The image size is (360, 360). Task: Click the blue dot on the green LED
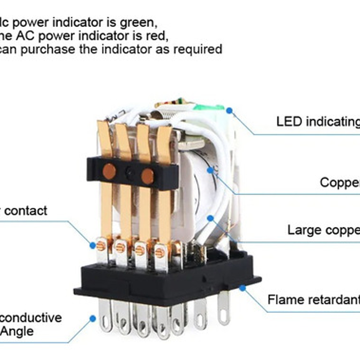coord(229,110)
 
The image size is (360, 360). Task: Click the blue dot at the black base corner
coord(242,288)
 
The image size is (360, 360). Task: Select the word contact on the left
coord(26,211)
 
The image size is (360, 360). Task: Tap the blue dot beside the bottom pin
coord(93,319)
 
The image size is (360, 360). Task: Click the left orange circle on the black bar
coord(109,171)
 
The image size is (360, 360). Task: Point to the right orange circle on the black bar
coord(147,176)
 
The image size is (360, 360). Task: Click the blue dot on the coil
coord(210,170)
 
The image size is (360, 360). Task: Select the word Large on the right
coord(302,230)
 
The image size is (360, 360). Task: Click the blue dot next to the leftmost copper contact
coord(92,245)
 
